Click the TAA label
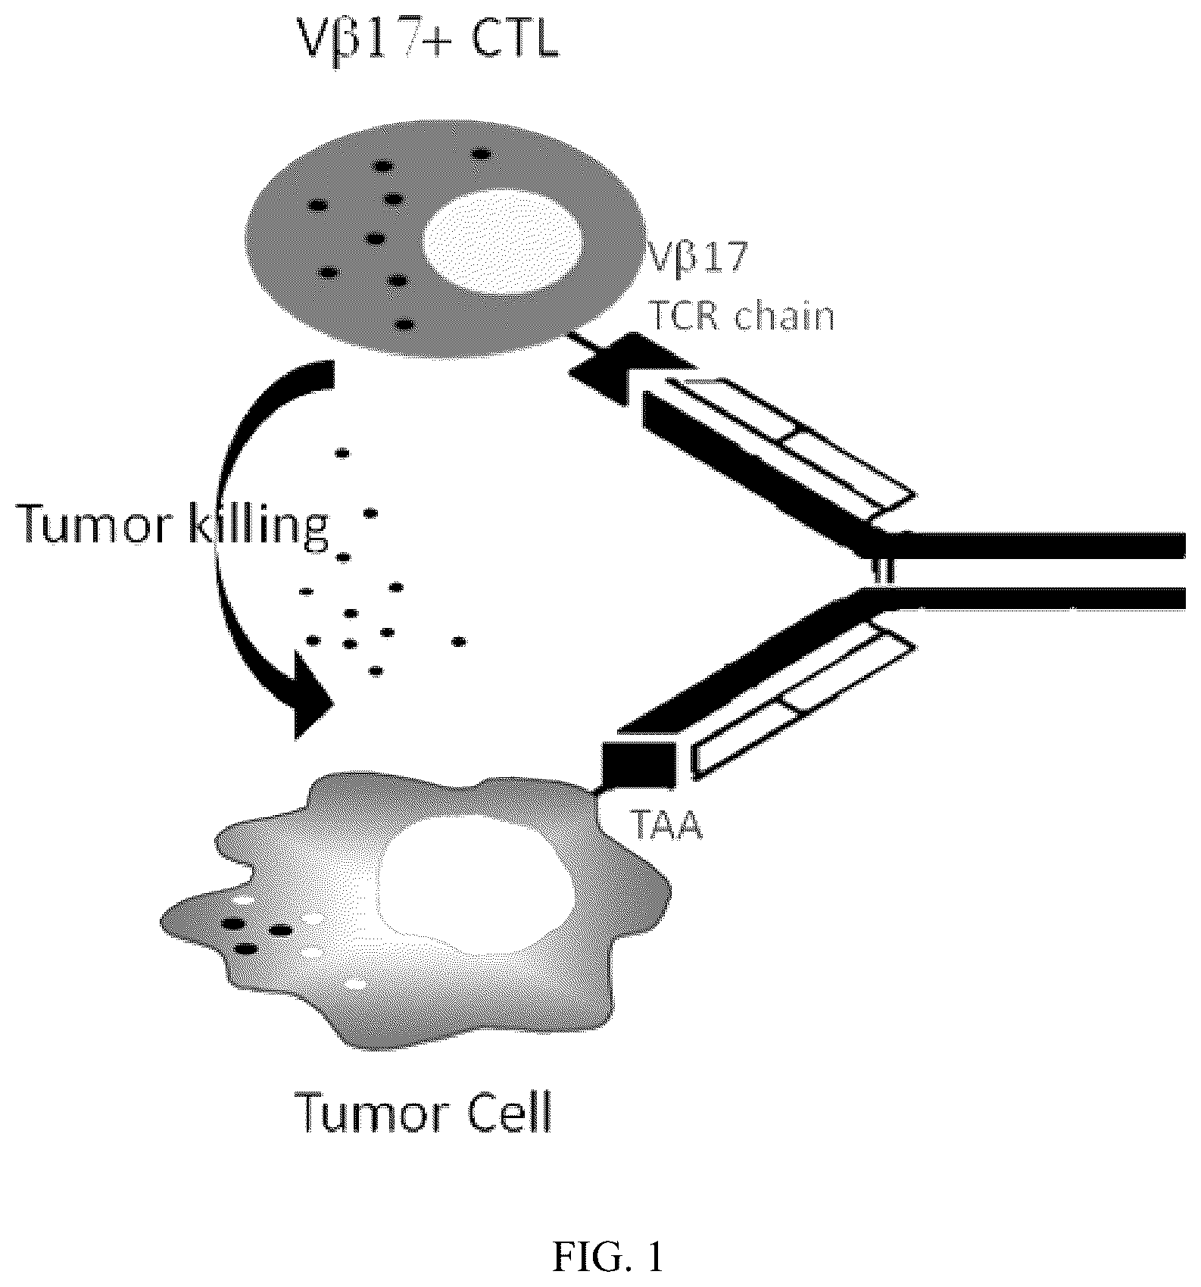(666, 826)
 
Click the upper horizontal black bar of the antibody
(1030, 545)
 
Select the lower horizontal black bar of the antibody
(1030, 598)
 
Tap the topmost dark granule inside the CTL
(481, 154)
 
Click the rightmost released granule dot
(458, 642)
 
